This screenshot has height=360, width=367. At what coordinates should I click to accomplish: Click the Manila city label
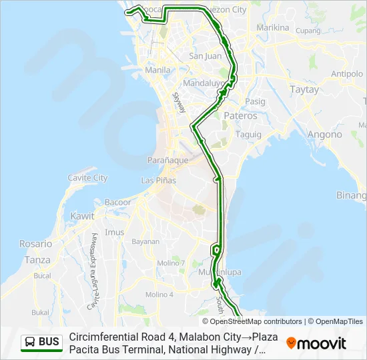tap(157, 69)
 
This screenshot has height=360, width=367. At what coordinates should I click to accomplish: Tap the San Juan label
tap(205, 56)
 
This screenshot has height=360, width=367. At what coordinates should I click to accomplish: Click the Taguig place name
tap(248, 134)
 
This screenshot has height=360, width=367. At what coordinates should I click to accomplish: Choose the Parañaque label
tap(167, 160)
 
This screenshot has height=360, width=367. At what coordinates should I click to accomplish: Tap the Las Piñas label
tap(157, 181)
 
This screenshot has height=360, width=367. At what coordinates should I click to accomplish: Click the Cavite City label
tap(87, 178)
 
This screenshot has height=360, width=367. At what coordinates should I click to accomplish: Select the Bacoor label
tap(118, 202)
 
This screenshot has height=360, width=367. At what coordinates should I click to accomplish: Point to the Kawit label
tap(82, 217)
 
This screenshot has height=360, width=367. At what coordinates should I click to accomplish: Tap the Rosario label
tap(35, 244)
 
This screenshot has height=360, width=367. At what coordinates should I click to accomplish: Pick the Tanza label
tap(37, 259)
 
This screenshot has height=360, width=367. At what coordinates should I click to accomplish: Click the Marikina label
tap(272, 28)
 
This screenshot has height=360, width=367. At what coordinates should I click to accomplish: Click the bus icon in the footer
tap(30, 343)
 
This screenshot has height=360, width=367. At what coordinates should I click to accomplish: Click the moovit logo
tap(316, 343)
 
